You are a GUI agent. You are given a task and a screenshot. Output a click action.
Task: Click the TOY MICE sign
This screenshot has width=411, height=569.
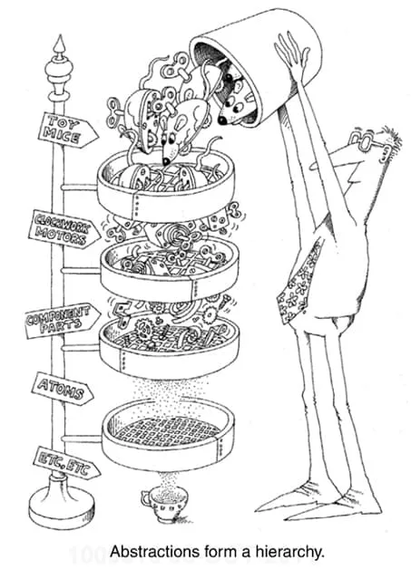67,130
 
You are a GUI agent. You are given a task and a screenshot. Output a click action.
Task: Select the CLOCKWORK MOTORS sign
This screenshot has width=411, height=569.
64,229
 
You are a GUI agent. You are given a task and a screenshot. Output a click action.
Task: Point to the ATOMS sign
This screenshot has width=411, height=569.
63,389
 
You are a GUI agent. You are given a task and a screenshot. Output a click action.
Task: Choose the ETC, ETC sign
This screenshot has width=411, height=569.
67,463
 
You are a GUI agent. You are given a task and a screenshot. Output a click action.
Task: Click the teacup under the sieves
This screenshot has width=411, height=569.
164,504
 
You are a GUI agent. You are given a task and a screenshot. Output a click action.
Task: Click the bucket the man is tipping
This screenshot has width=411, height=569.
254,65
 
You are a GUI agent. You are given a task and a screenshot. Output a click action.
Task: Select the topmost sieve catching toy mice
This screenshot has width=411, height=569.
166,185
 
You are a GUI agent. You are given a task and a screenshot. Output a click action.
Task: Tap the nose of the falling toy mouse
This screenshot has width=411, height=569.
166,160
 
